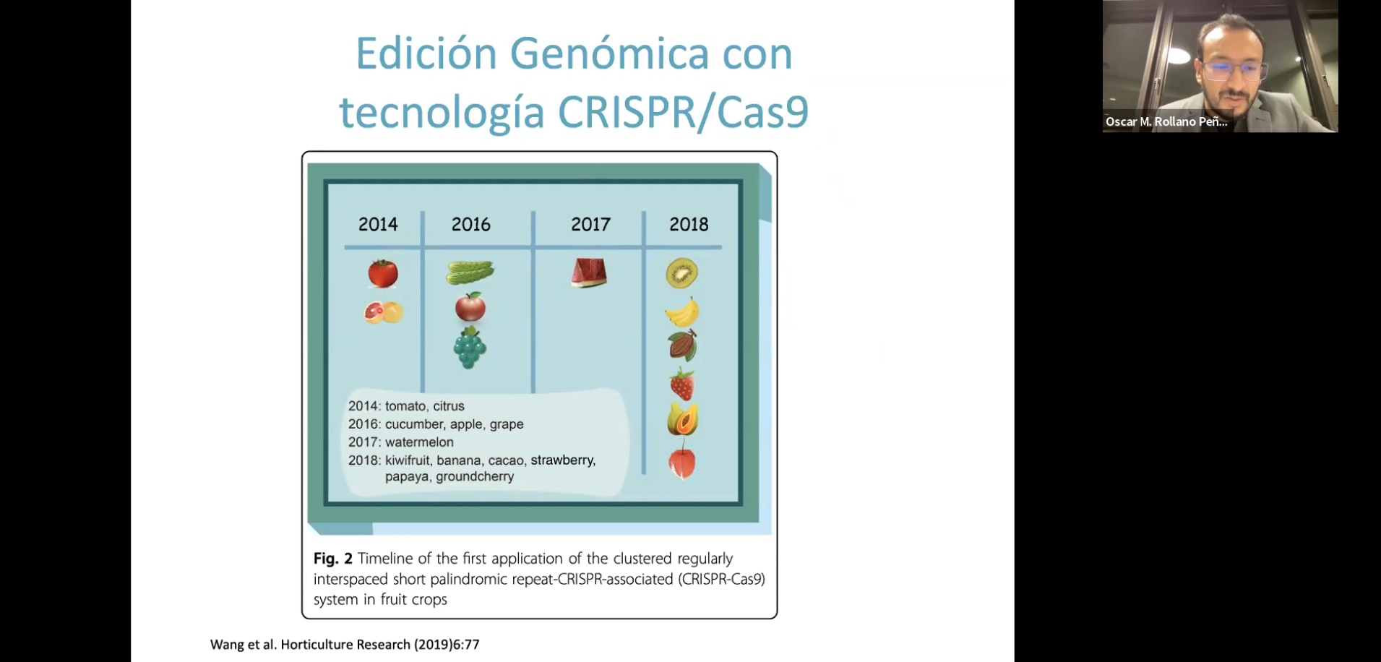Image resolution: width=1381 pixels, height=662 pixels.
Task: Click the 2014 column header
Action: (378, 224)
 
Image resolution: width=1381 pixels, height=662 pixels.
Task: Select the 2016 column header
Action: (470, 224)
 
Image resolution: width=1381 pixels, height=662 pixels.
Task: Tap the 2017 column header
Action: (590, 224)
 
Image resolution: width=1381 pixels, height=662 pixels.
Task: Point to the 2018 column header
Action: (689, 224)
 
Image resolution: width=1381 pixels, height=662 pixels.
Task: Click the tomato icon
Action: (383, 274)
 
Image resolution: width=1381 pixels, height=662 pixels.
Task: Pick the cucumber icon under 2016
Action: (470, 272)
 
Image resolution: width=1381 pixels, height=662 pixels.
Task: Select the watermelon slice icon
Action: (589, 273)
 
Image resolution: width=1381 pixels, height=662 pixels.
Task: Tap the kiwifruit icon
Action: (681, 273)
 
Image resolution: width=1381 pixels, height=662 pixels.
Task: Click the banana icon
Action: (682, 312)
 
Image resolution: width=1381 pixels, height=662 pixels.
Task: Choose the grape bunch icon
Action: (470, 348)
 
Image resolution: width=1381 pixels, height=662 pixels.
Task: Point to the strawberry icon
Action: (681, 384)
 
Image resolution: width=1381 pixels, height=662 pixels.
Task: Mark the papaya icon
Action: (682, 420)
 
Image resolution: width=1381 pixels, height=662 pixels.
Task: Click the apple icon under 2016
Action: (470, 307)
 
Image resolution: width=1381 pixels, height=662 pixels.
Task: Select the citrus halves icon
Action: (383, 312)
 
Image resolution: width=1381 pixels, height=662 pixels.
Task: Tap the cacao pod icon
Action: (682, 345)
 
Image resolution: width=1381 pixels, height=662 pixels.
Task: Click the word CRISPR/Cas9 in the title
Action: (683, 112)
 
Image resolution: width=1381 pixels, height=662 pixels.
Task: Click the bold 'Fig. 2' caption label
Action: (333, 559)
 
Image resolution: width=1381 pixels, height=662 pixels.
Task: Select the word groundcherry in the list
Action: (475, 477)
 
